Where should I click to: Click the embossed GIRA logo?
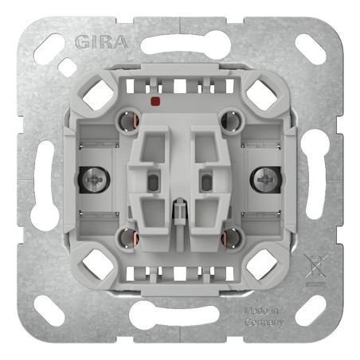(101, 42)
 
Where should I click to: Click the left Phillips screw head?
(96, 180)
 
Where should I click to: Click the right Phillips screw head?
(264, 180)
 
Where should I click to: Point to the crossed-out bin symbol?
(316, 267)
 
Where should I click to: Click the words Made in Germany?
(264, 316)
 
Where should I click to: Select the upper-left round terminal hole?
(129, 121)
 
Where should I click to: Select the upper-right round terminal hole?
(232, 121)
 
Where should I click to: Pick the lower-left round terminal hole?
(129, 237)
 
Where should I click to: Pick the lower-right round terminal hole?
(232, 237)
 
